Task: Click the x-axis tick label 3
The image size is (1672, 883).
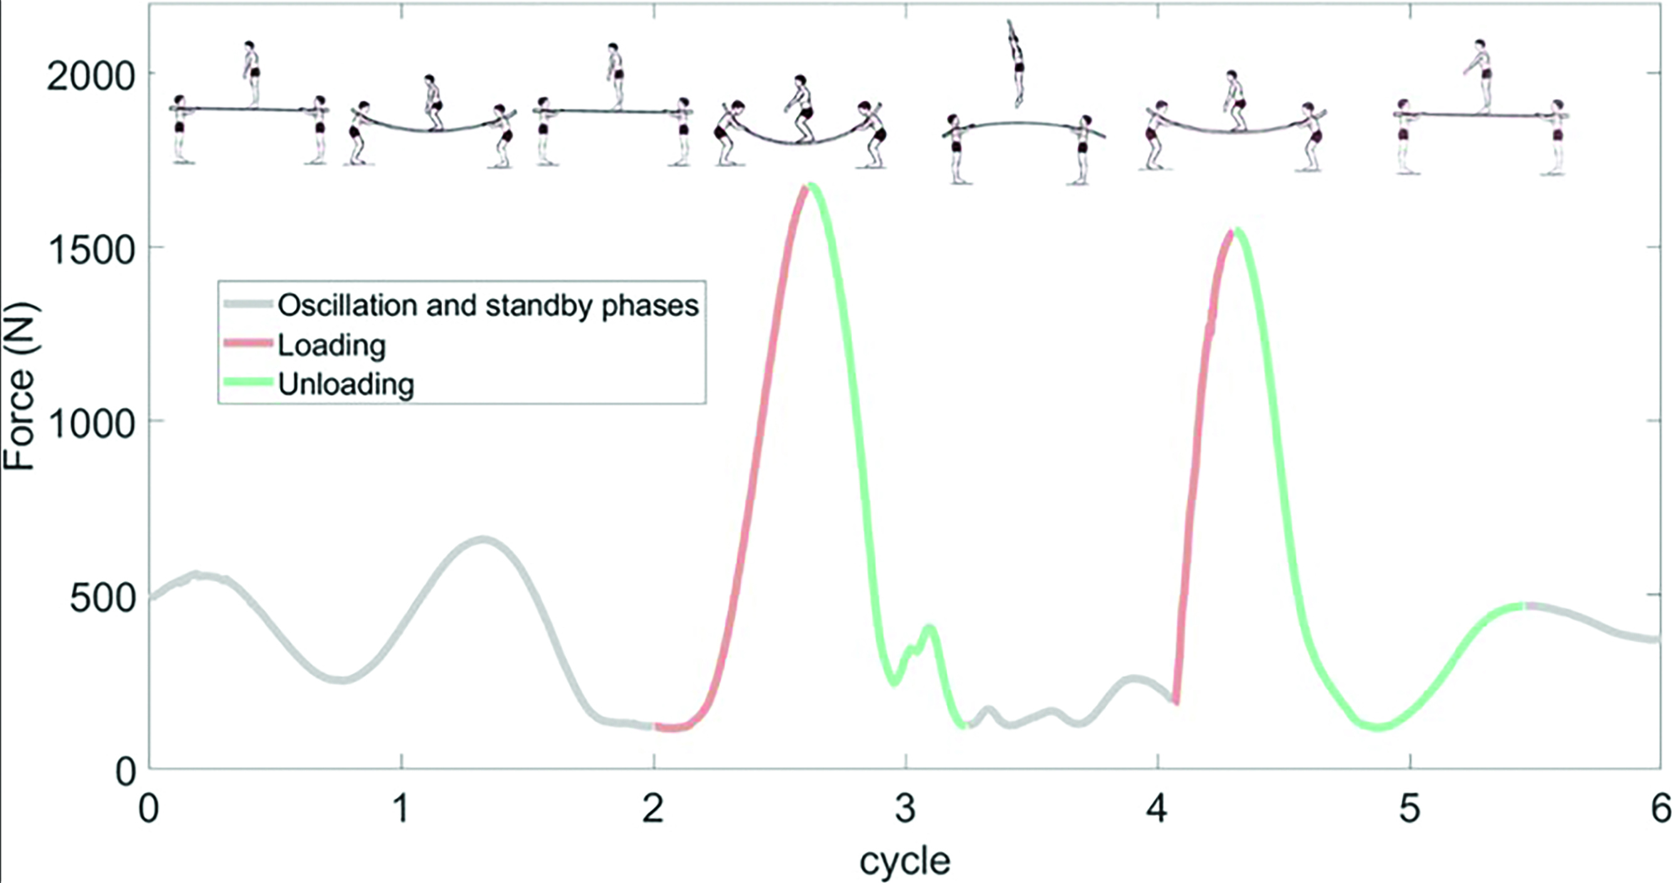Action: [905, 809]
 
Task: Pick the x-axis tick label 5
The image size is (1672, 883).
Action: [1410, 809]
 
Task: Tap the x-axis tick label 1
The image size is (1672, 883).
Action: [402, 809]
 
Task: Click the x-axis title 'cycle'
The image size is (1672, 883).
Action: [905, 861]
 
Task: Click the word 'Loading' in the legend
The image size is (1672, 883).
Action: [332, 345]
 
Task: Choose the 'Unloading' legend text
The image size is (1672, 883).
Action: [346, 384]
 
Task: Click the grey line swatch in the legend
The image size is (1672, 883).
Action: [247, 304]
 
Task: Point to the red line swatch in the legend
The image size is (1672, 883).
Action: [247, 344]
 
